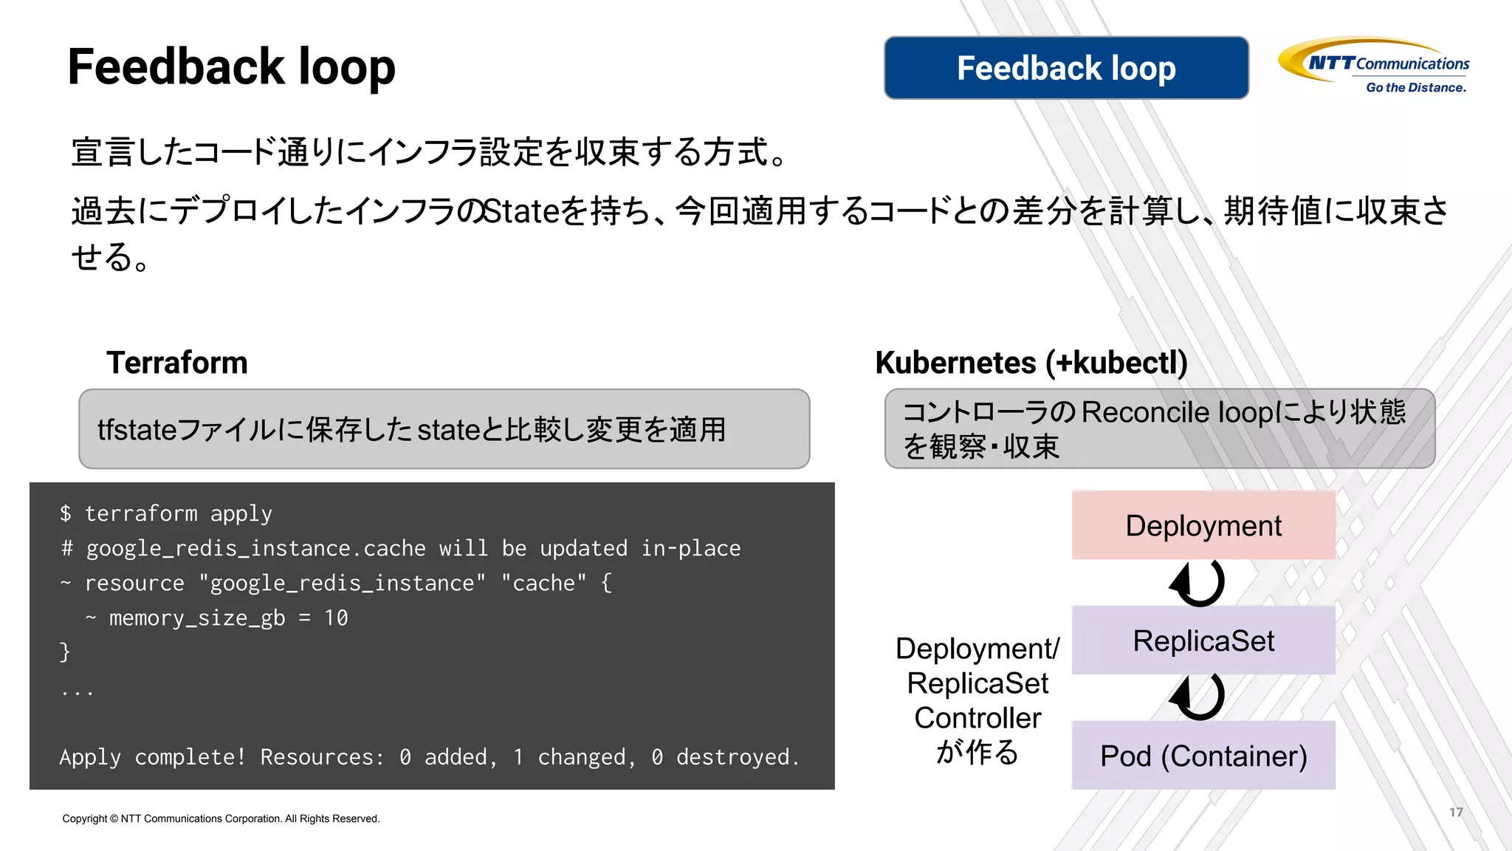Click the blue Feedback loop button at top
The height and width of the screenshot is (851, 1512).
click(1066, 68)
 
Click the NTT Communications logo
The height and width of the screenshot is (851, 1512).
click(1375, 66)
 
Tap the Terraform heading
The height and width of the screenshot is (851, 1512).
click(177, 363)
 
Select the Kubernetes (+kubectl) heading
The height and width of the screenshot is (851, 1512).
click(1031, 363)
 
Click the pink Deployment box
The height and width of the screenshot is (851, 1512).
click(1203, 525)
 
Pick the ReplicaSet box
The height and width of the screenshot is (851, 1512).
click(1203, 640)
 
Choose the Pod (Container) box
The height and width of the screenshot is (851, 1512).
click(1203, 756)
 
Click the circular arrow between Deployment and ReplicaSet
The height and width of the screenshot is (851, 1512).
click(1197, 583)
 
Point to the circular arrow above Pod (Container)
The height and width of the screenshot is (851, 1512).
click(1197, 697)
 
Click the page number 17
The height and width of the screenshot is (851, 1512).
click(1455, 812)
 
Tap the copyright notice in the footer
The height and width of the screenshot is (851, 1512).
click(221, 818)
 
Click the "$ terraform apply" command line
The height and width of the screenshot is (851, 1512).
click(166, 513)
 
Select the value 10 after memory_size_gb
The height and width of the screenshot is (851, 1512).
click(336, 618)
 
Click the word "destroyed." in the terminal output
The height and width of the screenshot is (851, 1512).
click(738, 757)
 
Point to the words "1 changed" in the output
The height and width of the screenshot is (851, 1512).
click(573, 757)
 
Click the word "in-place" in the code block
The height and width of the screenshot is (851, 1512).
click(690, 548)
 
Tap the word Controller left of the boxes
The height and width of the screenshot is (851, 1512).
click(977, 718)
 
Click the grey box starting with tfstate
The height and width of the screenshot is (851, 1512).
click(444, 429)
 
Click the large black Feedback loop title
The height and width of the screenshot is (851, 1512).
click(232, 67)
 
